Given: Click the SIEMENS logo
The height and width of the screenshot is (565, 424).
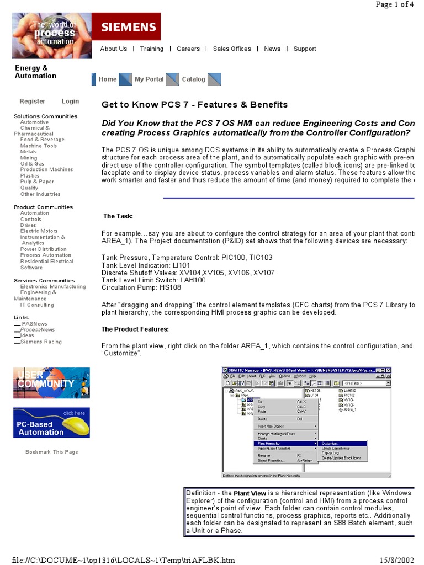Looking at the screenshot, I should pos(127,26).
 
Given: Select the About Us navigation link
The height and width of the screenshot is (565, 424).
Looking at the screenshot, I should pos(113,49).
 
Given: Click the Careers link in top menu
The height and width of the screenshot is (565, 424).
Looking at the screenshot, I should pos(188,49).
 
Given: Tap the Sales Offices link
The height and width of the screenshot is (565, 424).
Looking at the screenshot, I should pos(232,49).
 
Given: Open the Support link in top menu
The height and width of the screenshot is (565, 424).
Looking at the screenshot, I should pos(305,49).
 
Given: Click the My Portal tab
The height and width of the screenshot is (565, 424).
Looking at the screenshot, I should pos(149,79).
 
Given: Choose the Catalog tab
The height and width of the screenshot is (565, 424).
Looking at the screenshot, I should pos(193,79).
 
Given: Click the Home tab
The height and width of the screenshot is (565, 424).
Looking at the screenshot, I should pos(107,79).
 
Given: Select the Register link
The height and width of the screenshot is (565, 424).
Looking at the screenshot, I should pos(32,102).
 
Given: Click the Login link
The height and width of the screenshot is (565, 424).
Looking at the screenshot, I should pos(70,102).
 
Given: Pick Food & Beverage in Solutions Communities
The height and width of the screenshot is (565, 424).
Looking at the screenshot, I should pos(42,140).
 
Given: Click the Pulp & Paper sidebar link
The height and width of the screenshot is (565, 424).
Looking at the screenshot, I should pos(37,182).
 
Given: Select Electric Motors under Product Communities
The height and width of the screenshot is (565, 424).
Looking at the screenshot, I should pos(39,231).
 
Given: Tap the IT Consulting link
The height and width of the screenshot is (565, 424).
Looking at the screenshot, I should pos(37,305).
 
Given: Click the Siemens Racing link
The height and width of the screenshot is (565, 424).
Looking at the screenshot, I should pos(41,342).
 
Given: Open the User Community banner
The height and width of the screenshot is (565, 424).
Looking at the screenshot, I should pos(51,383).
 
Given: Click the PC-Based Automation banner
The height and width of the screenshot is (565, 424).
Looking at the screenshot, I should pos(51,423).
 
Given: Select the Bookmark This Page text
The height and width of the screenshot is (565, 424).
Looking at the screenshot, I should pos(52,452).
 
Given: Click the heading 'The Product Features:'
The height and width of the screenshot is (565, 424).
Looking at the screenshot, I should pos(135,329).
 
